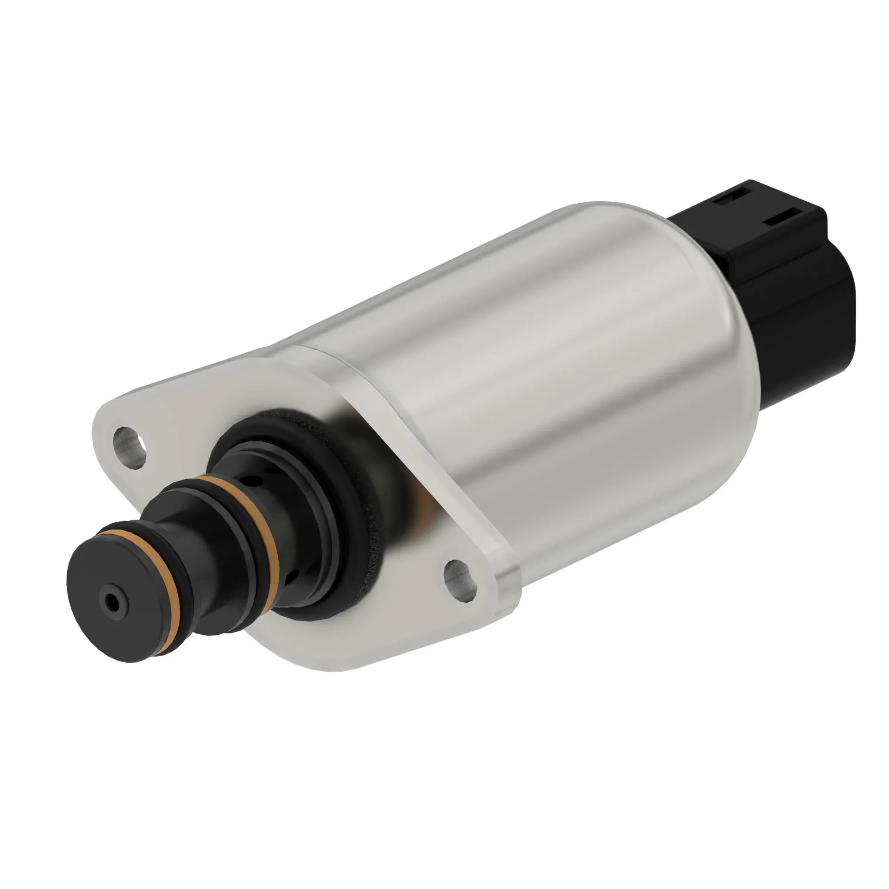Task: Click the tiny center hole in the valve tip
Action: (112, 600)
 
